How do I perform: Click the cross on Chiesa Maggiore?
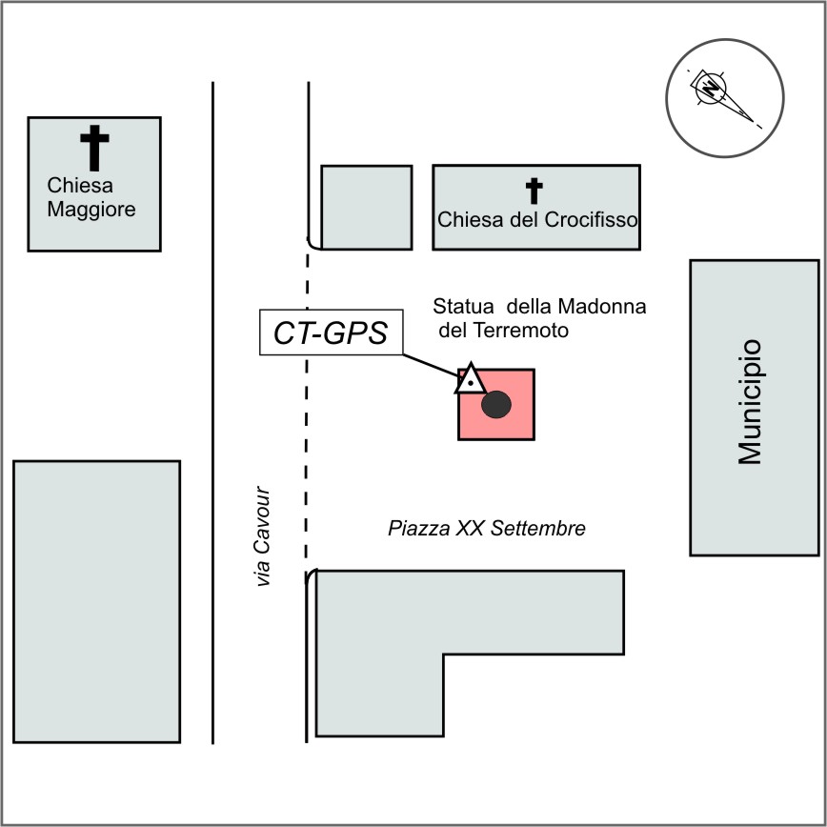pyautogui.click(x=94, y=149)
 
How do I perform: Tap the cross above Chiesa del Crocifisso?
pyautogui.click(x=534, y=191)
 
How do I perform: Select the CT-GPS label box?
pyautogui.click(x=332, y=333)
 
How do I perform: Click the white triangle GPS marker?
pyautogui.click(x=471, y=378)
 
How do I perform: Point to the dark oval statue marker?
pyautogui.click(x=496, y=405)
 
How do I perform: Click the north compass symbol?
pyautogui.click(x=725, y=98)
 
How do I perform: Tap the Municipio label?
pyautogui.click(x=750, y=402)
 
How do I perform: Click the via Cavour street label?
pyautogui.click(x=262, y=535)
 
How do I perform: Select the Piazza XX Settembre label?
pyautogui.click(x=486, y=528)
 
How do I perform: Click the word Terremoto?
pyautogui.click(x=520, y=331)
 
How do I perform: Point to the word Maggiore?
pyautogui.click(x=91, y=210)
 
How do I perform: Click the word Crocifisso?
pyautogui.click(x=591, y=219)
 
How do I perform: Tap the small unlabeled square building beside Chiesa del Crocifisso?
pyautogui.click(x=367, y=208)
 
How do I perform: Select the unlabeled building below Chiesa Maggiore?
pyautogui.click(x=96, y=602)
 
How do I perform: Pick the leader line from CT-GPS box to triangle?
pyautogui.click(x=431, y=366)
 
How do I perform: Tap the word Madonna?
pyautogui.click(x=602, y=307)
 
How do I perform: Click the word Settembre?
pyautogui.click(x=538, y=528)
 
